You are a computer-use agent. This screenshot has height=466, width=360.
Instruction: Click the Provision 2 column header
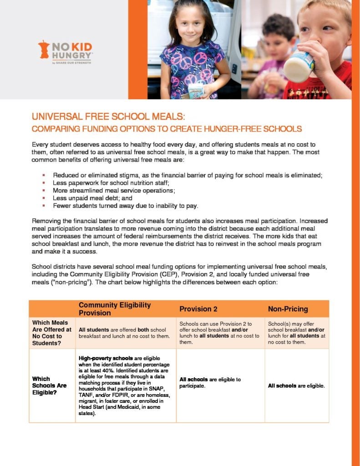coord(198,309)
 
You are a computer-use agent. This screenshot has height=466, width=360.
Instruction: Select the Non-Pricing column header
coord(288,309)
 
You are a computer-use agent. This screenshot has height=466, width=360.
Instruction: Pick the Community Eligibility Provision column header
coord(115,309)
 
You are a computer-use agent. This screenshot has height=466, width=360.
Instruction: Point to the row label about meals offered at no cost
coord(51,333)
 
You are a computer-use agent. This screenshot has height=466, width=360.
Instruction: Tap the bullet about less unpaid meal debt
coord(92,198)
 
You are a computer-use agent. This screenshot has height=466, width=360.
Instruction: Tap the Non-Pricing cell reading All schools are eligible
coord(296,386)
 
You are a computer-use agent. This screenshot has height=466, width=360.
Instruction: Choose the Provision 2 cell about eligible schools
coord(210,382)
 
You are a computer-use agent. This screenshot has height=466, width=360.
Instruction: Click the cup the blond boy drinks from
coord(298,66)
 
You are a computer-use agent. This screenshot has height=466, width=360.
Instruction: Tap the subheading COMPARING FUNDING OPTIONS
coord(167,129)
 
